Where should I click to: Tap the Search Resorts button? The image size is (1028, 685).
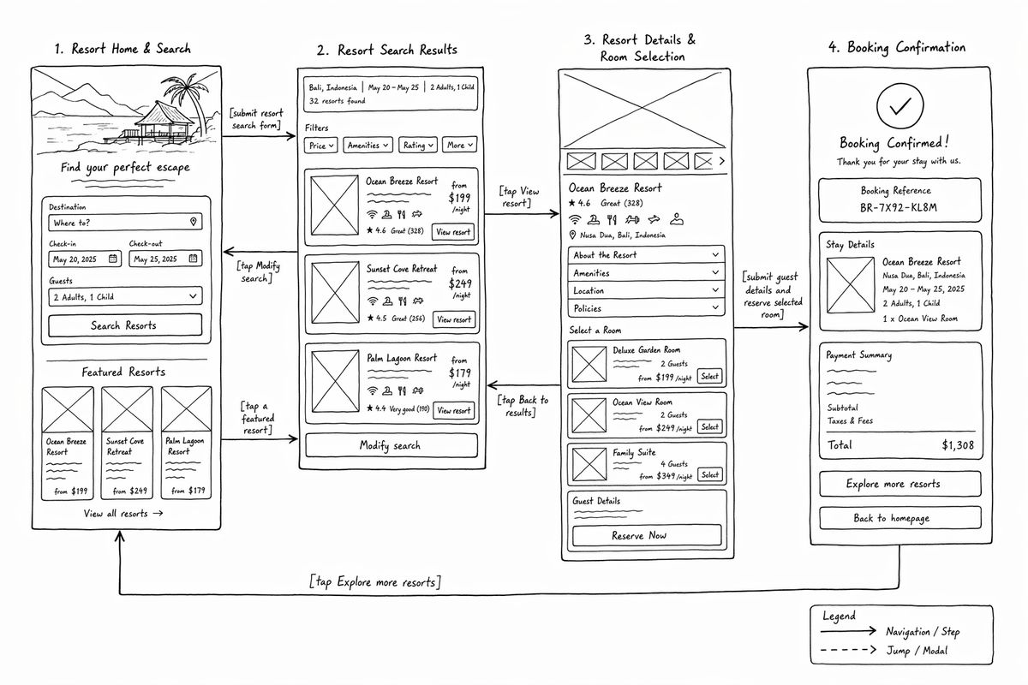point(125,325)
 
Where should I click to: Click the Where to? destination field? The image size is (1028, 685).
point(125,223)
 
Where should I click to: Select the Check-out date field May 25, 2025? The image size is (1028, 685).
point(165,259)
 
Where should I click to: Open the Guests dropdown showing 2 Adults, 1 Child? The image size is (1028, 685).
point(125,296)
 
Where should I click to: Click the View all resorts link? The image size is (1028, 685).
point(123,514)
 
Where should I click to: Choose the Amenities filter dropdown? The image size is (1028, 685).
point(368,145)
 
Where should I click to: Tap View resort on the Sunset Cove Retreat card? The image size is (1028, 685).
point(454,319)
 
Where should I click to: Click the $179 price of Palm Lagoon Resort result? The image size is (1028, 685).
point(459,372)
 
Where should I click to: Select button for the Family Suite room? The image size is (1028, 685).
point(709,474)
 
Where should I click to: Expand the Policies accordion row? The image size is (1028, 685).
point(646,308)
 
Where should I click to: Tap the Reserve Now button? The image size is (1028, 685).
point(647,535)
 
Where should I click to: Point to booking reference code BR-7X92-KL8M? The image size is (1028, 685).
point(898,208)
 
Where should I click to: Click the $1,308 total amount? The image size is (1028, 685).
point(958,444)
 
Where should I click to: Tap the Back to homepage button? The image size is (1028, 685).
point(900,518)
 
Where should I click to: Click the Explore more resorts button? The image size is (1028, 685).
point(900,484)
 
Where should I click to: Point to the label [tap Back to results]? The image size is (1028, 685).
point(523,406)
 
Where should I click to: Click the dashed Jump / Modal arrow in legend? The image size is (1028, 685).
point(849,650)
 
